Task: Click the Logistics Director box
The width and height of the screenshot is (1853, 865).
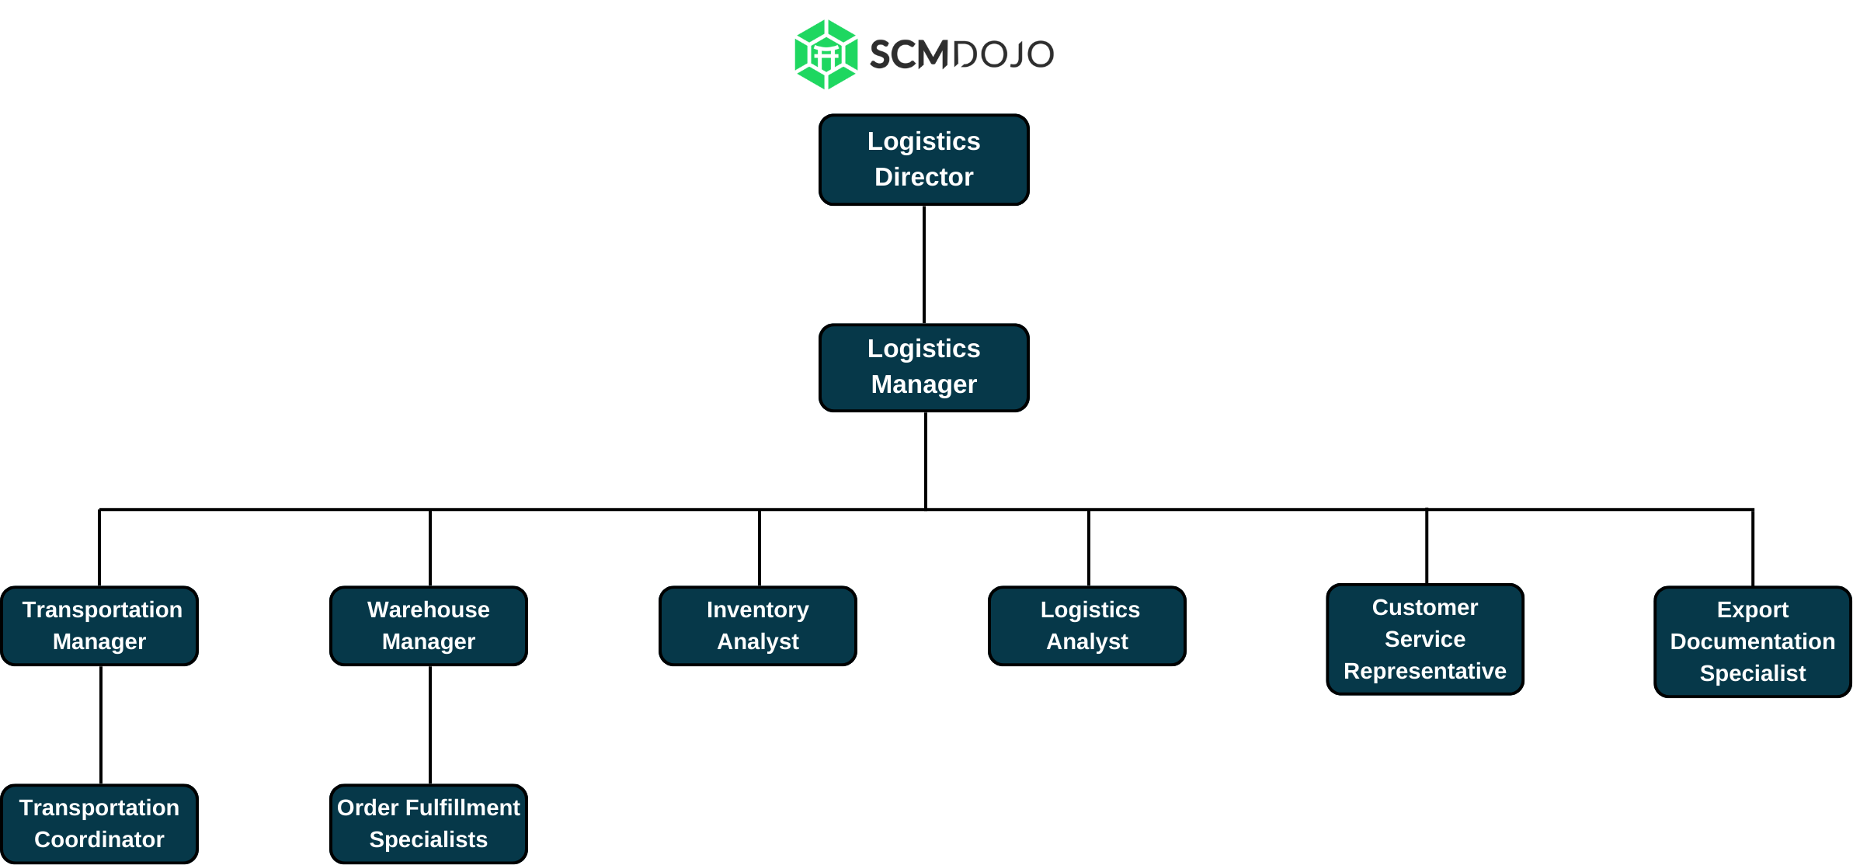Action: click(924, 160)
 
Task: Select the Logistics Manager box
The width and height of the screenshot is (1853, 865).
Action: click(924, 367)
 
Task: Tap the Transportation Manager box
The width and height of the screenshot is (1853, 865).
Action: click(99, 626)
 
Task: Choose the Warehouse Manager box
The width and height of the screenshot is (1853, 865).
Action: click(429, 626)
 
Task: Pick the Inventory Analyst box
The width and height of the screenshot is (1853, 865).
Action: click(758, 626)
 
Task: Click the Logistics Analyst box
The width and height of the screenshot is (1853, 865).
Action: click(1087, 626)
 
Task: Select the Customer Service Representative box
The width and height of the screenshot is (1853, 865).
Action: click(1425, 639)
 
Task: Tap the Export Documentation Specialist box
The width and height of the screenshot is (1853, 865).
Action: click(1753, 641)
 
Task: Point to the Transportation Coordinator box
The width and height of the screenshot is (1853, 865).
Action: click(99, 824)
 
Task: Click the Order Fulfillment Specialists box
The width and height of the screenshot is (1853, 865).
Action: click(429, 824)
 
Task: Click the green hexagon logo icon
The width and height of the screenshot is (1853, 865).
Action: click(826, 54)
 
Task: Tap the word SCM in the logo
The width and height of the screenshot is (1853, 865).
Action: click(909, 54)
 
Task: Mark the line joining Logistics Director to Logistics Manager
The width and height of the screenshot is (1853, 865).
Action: click(924, 265)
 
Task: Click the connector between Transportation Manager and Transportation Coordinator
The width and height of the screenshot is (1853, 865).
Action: click(101, 724)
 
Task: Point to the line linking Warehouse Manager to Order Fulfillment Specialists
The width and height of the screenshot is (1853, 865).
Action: click(430, 724)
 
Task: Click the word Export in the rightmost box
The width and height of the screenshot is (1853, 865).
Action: click(1753, 610)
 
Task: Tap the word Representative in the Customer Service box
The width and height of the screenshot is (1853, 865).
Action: click(1425, 671)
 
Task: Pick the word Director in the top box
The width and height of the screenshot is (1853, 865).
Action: click(924, 177)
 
